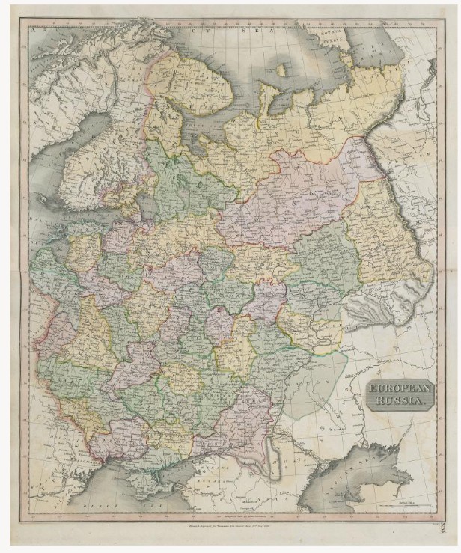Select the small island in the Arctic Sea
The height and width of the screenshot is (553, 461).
coord(281,70)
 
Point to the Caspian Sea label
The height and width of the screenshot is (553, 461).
coord(359,479)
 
